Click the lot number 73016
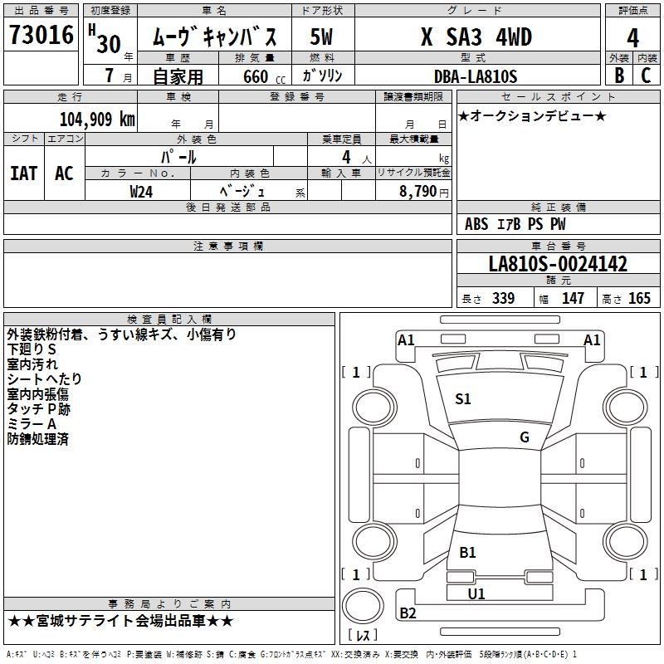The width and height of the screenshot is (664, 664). click(x=41, y=34)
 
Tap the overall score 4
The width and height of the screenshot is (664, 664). click(x=632, y=38)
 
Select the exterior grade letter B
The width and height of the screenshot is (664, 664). click(x=619, y=76)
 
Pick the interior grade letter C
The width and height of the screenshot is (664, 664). click(x=646, y=76)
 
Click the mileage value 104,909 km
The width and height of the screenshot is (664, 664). click(x=97, y=120)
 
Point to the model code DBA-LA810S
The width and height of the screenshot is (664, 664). click(x=476, y=76)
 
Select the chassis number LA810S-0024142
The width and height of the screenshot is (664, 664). click(x=558, y=264)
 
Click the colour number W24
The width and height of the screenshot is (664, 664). click(x=141, y=192)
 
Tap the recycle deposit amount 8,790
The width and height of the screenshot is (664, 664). click(x=417, y=191)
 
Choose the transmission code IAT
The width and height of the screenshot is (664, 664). click(x=24, y=173)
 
